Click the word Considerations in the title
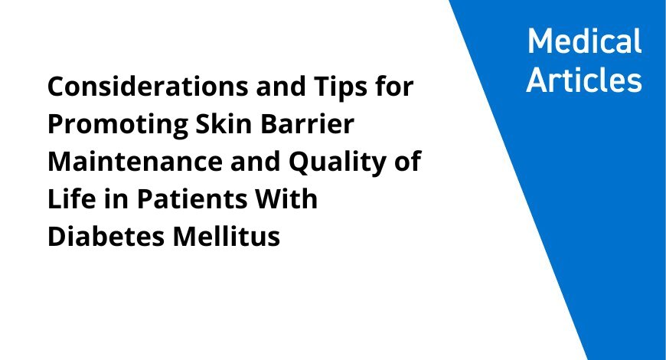click(148, 87)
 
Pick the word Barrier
click(307, 123)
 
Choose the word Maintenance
click(135, 162)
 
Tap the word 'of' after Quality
click(407, 161)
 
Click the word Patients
click(191, 199)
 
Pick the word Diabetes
click(106, 237)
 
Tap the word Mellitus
click(227, 237)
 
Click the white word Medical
click(584, 41)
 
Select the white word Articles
click(584, 80)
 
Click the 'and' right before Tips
click(281, 87)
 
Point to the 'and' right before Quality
click(255, 162)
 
